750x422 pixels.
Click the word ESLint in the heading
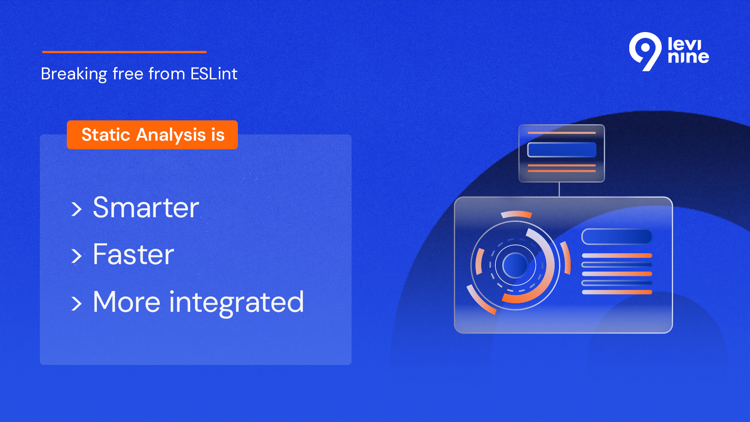pyautogui.click(x=214, y=73)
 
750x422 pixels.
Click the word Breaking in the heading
pyautogui.click(x=74, y=74)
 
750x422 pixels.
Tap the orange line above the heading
pyautogui.click(x=124, y=52)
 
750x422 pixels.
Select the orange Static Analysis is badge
pyautogui.click(x=152, y=135)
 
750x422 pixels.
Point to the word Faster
pyautogui.click(x=133, y=254)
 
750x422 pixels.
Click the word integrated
pyautogui.click(x=237, y=302)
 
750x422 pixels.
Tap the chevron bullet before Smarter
pyautogui.click(x=77, y=209)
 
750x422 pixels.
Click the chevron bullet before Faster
pyautogui.click(x=77, y=256)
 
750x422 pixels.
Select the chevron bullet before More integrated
pyautogui.click(x=77, y=304)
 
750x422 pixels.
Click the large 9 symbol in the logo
pyautogui.click(x=645, y=51)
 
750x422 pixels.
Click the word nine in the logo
pyautogui.click(x=688, y=57)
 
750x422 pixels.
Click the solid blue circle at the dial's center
pyautogui.click(x=515, y=265)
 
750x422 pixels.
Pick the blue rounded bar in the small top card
pyautogui.click(x=562, y=150)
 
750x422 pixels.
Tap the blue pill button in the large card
pyautogui.click(x=617, y=236)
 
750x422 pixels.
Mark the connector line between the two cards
pyautogui.click(x=559, y=190)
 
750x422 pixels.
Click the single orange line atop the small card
pyautogui.click(x=562, y=133)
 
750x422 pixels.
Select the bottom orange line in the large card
pyautogui.click(x=617, y=292)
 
